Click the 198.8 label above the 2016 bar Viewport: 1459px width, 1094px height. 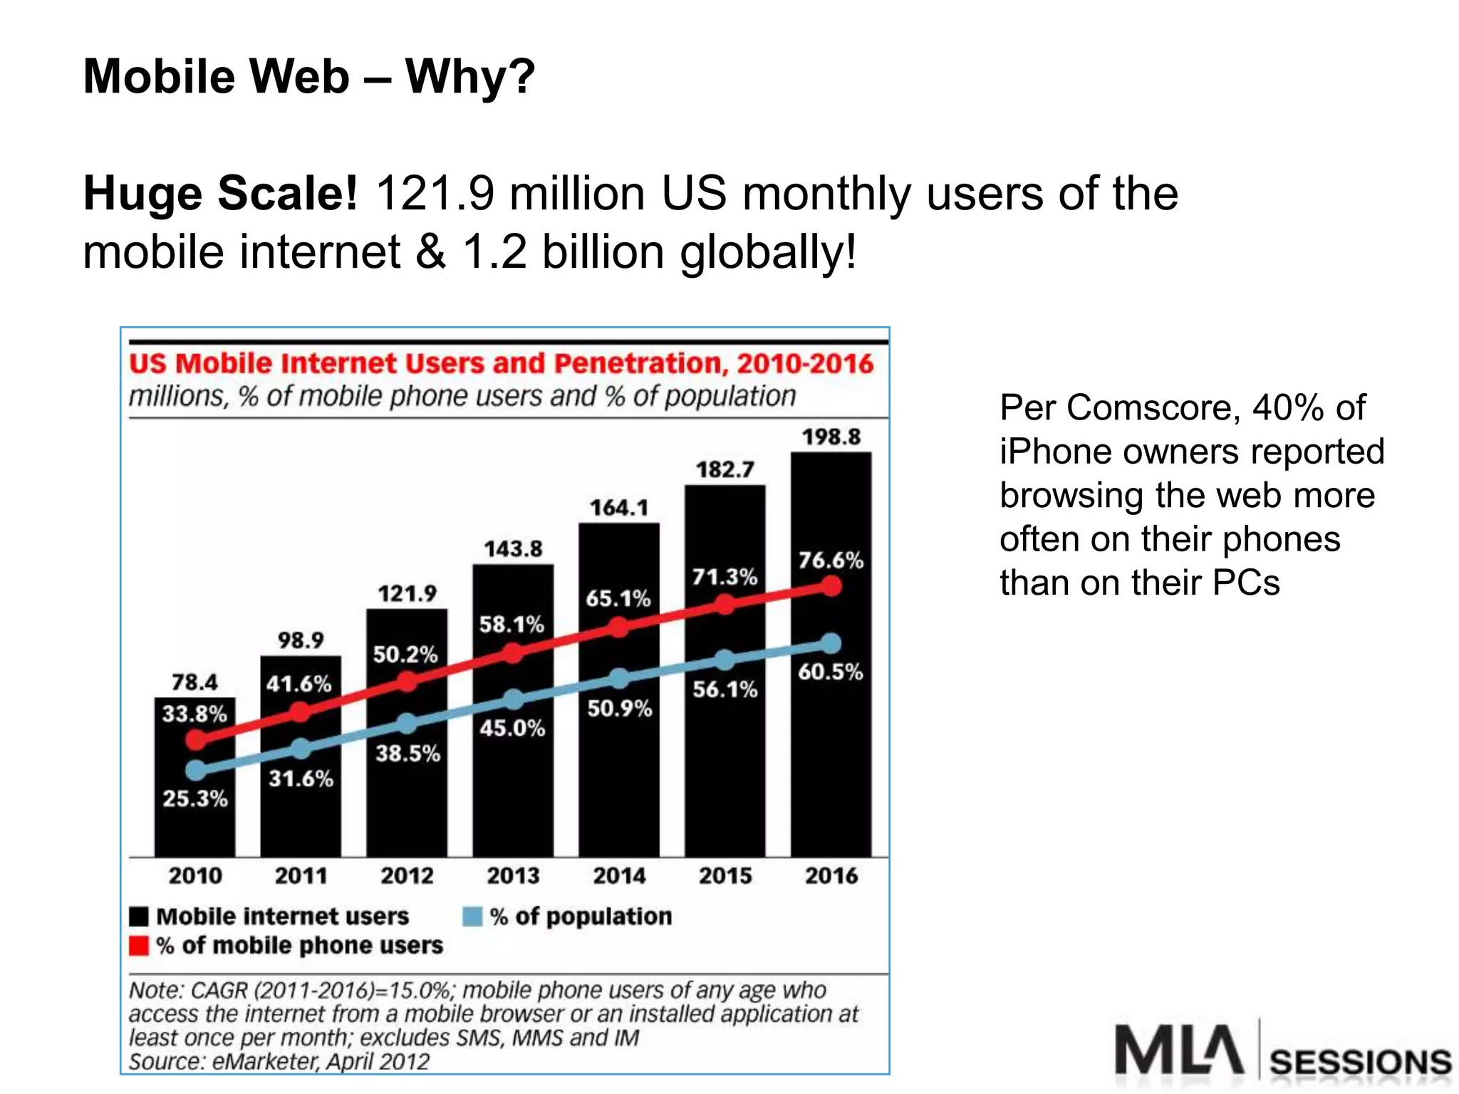pyautogui.click(x=831, y=437)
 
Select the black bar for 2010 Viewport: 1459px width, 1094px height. pyautogui.click(x=194, y=819)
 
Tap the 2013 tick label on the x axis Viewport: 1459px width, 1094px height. pyautogui.click(x=513, y=875)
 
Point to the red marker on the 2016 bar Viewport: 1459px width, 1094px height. pyautogui.click(x=831, y=586)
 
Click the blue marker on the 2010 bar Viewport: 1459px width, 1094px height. pyautogui.click(x=196, y=770)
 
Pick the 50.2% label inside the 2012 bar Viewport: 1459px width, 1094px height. pyautogui.click(x=405, y=655)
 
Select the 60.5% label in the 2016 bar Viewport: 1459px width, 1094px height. pyautogui.click(x=830, y=672)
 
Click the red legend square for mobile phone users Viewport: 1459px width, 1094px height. pyautogui.click(x=139, y=946)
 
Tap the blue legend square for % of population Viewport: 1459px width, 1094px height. pyautogui.click(x=472, y=917)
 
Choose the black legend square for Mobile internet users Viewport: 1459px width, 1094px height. pyautogui.click(x=139, y=917)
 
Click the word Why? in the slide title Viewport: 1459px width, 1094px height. pyautogui.click(x=470, y=76)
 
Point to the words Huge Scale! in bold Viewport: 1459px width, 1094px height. pyautogui.click(x=220, y=194)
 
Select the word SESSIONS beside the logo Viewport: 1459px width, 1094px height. pyautogui.click(x=1360, y=1063)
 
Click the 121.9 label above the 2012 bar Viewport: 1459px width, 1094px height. pyautogui.click(x=407, y=593)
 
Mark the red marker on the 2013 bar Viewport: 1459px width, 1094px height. pyautogui.click(x=513, y=652)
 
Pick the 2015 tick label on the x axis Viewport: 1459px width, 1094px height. pyautogui.click(x=725, y=875)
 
